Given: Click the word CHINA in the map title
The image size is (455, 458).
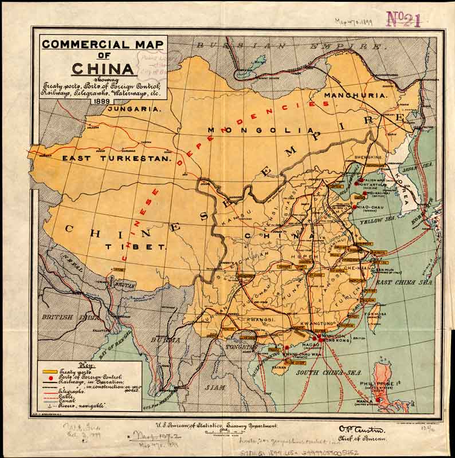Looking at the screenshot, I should pos(103,68).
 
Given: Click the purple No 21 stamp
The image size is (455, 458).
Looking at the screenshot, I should pos(404,19).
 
